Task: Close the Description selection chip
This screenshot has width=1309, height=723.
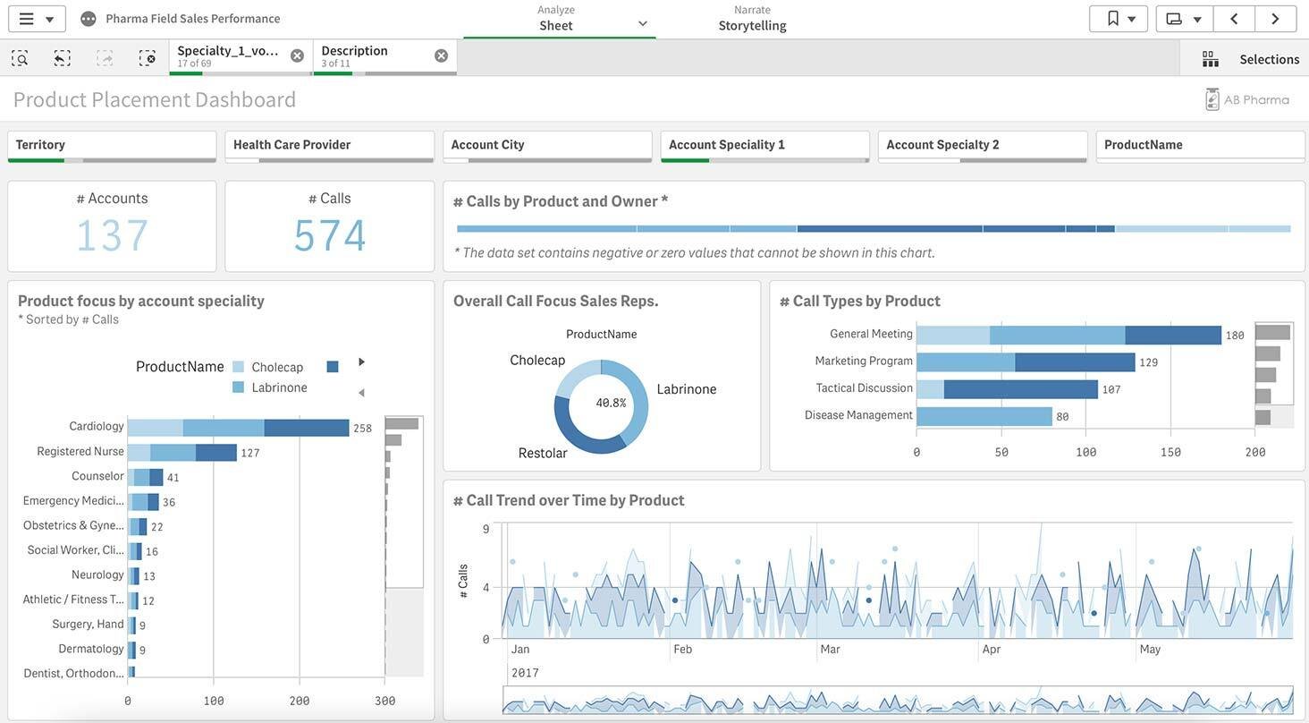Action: click(441, 55)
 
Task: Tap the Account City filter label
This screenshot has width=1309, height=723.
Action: click(487, 145)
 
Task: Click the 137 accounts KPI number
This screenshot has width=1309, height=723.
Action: click(112, 236)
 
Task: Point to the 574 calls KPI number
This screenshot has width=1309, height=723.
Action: click(329, 236)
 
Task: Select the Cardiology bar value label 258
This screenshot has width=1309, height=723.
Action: click(362, 429)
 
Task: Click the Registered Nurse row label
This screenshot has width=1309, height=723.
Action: click(80, 451)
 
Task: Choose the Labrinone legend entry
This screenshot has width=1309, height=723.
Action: click(279, 387)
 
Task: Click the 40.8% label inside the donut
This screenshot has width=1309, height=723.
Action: click(611, 404)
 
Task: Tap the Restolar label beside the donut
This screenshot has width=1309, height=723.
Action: click(543, 454)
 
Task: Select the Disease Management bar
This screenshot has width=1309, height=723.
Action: click(984, 416)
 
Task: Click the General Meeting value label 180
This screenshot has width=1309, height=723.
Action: click(1235, 336)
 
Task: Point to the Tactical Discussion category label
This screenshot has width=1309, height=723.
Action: click(864, 388)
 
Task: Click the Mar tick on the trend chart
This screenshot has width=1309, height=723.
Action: click(830, 650)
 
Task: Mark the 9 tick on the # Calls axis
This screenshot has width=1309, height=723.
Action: click(486, 529)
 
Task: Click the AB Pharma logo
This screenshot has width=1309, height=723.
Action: click(1247, 99)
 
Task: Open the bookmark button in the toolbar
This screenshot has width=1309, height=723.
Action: click(1118, 19)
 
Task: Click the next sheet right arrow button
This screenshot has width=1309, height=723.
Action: click(1275, 19)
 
